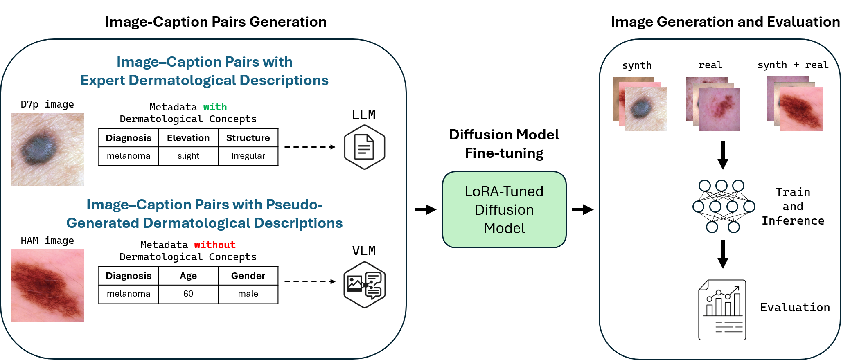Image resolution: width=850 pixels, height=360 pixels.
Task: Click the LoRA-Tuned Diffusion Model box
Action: (504, 210)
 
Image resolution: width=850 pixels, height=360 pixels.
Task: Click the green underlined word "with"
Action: (215, 107)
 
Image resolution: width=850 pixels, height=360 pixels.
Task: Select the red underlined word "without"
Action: (215, 245)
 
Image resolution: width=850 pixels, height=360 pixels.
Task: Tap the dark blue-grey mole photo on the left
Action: (47, 149)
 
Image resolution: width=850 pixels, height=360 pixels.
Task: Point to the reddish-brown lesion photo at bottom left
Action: (47, 285)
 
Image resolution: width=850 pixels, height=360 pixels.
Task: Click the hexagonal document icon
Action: (364, 147)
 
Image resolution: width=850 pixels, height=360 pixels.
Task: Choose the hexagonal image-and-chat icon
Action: (364, 284)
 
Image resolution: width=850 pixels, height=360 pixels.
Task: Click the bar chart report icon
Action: (721, 310)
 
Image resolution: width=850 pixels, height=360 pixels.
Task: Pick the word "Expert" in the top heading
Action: (103, 80)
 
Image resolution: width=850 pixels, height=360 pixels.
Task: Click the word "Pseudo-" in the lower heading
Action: (294, 205)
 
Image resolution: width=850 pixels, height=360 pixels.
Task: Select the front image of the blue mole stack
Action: (646, 109)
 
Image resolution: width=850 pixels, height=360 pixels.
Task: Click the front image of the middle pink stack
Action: (719, 109)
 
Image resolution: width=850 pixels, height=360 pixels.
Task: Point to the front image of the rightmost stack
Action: (801, 109)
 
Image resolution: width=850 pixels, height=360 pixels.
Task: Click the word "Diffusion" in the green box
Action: (504, 210)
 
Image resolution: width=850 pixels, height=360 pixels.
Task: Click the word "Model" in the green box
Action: (504, 228)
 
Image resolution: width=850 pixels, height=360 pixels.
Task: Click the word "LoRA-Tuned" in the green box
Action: (504, 191)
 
